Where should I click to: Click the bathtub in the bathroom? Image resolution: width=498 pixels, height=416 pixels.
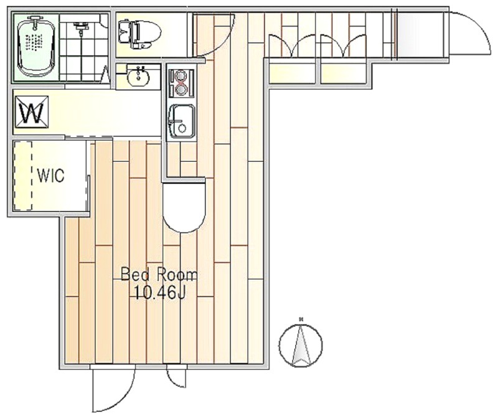click(37, 48)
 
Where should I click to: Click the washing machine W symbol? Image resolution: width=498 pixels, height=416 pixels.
click(32, 112)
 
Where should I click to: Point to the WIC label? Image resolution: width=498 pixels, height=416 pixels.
click(51, 175)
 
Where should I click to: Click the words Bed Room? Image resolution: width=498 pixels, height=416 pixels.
click(159, 275)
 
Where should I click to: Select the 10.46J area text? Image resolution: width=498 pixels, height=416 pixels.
click(160, 293)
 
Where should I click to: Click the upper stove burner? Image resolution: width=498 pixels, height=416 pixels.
click(180, 76)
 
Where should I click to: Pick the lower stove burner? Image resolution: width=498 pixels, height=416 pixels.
click(180, 90)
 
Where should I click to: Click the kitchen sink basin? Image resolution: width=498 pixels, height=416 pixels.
click(181, 121)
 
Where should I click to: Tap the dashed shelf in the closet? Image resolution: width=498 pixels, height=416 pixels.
click(23, 176)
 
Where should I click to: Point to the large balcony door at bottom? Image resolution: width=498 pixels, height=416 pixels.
click(113, 389)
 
